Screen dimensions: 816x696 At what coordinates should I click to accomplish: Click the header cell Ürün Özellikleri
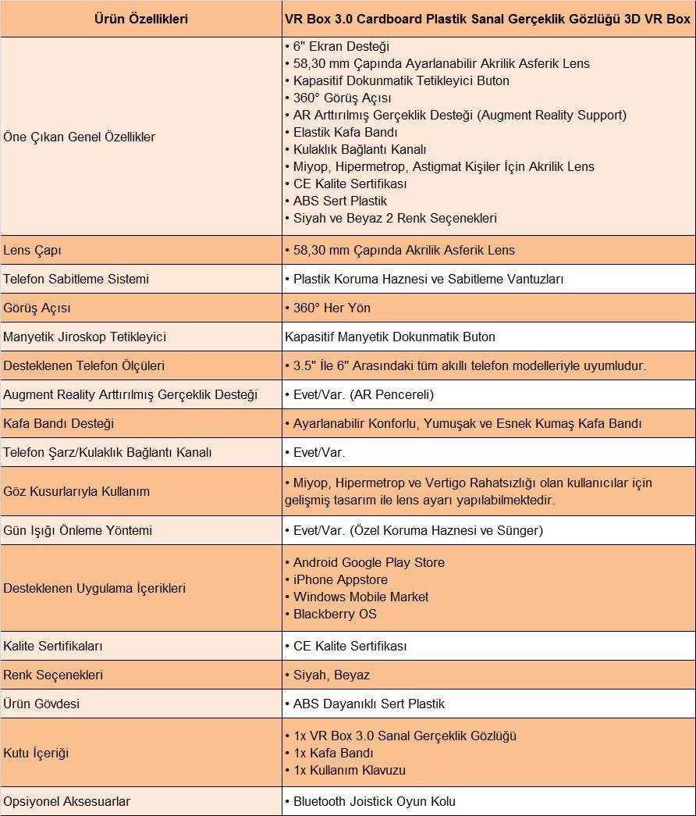[x=140, y=19]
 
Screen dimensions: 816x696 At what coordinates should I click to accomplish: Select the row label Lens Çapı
[x=33, y=251]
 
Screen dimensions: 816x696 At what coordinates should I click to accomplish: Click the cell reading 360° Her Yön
[x=328, y=308]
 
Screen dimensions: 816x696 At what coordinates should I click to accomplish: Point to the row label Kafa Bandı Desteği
[x=59, y=423]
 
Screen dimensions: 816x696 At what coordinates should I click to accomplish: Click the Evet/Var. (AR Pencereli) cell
[x=360, y=394]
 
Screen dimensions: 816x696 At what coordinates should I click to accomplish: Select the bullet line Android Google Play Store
[x=368, y=562]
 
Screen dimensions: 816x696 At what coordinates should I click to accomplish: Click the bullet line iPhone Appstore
[x=340, y=579]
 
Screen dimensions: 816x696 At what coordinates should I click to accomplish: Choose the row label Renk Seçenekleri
[x=53, y=675]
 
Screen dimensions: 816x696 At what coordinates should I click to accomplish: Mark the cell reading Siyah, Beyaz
[x=331, y=675]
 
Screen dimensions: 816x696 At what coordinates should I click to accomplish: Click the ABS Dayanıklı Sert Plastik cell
[x=368, y=704]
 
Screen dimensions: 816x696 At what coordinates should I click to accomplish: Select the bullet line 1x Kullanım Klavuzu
[x=349, y=770]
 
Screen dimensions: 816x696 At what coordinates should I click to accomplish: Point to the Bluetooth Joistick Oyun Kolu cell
[x=374, y=801]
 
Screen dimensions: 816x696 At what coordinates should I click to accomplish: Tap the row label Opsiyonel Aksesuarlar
[x=67, y=801]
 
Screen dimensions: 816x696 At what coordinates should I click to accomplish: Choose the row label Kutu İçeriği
[x=36, y=753]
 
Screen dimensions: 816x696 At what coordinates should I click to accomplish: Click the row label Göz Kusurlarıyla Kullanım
[x=76, y=491]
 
